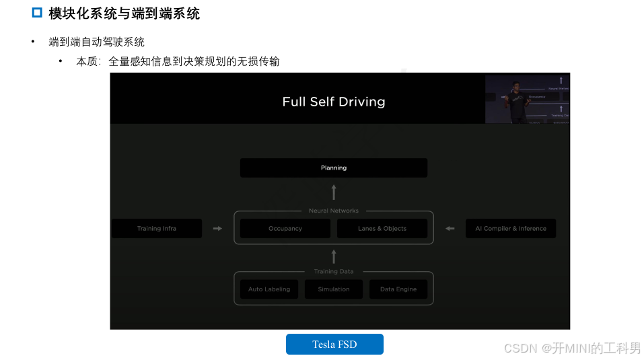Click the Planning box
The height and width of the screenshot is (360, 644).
pyautogui.click(x=333, y=168)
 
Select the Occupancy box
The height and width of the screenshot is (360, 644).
pyautogui.click(x=285, y=228)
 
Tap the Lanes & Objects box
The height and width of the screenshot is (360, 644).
pyautogui.click(x=382, y=228)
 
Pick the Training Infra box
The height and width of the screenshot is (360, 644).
pyautogui.click(x=156, y=228)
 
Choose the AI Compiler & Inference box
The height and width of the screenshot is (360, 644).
pyautogui.click(x=510, y=228)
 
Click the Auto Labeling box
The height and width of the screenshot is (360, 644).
pyautogui.click(x=269, y=289)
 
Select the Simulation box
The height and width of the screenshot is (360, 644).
pyautogui.click(x=334, y=289)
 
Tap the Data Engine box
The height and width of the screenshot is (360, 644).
pyautogui.click(x=398, y=289)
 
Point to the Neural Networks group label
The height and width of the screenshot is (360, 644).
pyautogui.click(x=334, y=211)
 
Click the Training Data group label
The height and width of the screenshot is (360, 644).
pyautogui.click(x=334, y=272)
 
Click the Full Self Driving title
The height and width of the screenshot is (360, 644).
pyautogui.click(x=334, y=102)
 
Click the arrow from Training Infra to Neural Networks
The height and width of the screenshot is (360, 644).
pyautogui.click(x=217, y=229)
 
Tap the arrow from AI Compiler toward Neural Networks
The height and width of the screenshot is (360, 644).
pyautogui.click(x=450, y=229)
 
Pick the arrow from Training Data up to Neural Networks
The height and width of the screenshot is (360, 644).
pyautogui.click(x=334, y=256)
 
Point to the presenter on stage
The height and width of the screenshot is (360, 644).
pyautogui.click(x=517, y=101)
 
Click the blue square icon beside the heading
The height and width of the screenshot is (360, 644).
pyautogui.click(x=38, y=13)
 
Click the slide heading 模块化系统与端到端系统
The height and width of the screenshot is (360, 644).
pyautogui.click(x=124, y=13)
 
